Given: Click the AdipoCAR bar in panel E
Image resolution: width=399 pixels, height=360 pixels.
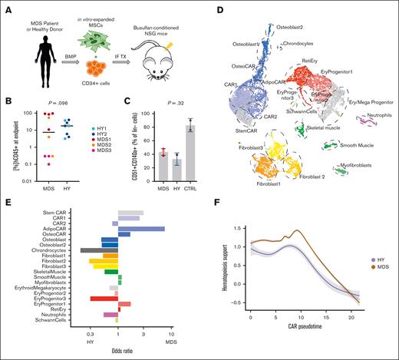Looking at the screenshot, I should (x=141, y=229).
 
